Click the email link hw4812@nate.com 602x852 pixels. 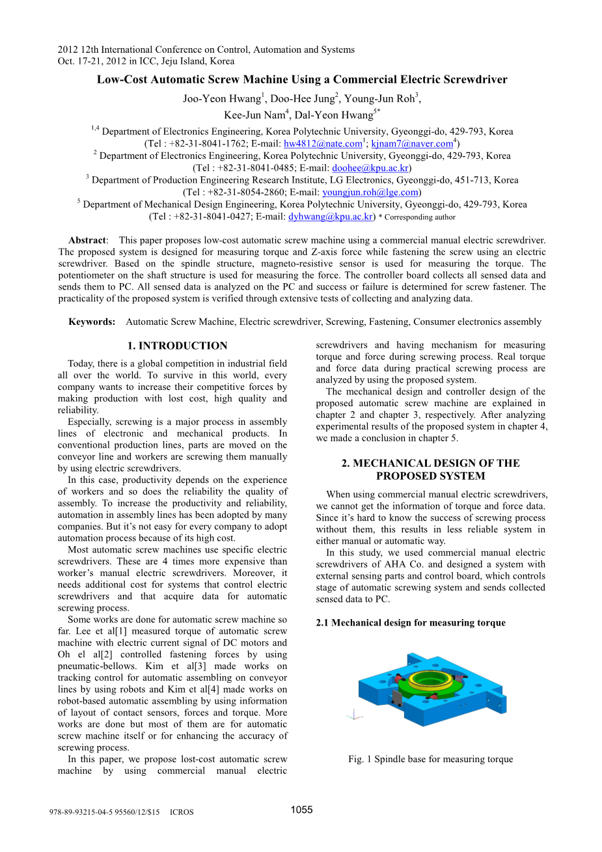point(323,144)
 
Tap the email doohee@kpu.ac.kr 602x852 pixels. point(370,168)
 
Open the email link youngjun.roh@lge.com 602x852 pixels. point(370,192)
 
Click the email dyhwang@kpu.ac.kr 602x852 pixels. point(331,217)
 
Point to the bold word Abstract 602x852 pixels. point(87,241)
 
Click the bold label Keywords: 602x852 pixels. point(92,322)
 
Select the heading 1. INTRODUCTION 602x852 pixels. point(177,346)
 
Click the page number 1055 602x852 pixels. point(301,810)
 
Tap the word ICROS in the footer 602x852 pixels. point(182,812)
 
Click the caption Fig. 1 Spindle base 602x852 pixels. point(430,759)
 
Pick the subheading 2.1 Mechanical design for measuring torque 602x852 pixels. point(410,623)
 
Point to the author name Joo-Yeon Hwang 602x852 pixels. point(221,99)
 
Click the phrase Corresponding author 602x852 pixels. point(420,217)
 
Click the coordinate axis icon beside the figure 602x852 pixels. point(354,715)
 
